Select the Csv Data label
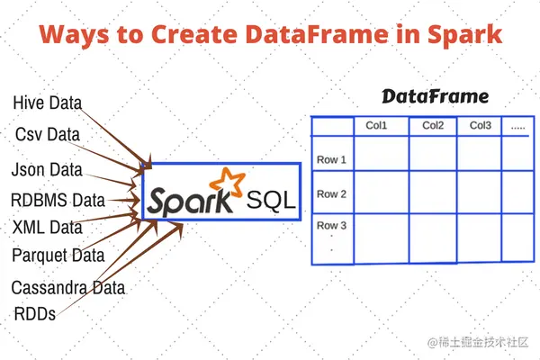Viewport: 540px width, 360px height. point(47,134)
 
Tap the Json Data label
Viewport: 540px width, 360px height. point(47,169)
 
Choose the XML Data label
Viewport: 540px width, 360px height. point(47,227)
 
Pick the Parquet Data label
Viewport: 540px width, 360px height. point(58,256)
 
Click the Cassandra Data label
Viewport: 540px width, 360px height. point(68,288)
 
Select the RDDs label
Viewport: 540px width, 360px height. point(34,314)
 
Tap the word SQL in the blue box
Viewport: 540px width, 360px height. point(271,200)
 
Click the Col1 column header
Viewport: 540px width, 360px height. point(376,126)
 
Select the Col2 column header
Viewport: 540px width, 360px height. point(433,126)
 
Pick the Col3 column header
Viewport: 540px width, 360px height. point(480,126)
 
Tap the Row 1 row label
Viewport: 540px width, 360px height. point(331,160)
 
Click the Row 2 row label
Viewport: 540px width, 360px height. point(331,193)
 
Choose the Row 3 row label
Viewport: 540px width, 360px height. point(331,225)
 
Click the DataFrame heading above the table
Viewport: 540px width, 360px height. point(436,95)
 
